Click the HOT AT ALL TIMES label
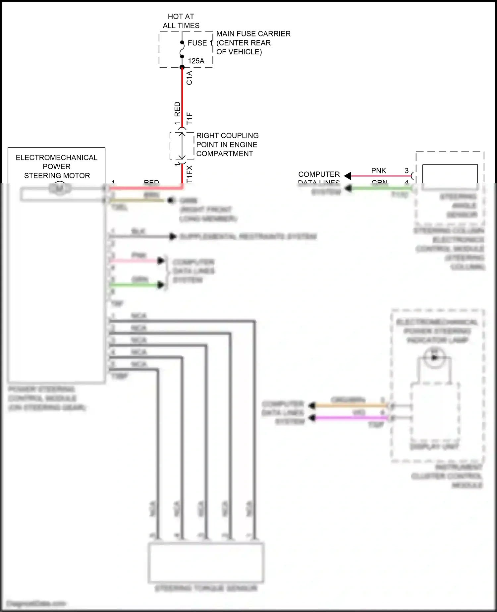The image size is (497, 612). [181, 21]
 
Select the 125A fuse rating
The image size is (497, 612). [196, 61]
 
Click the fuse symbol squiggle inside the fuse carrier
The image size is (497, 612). [182, 49]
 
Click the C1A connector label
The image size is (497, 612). [189, 78]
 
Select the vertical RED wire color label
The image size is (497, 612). [177, 109]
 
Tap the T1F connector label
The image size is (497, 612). [189, 118]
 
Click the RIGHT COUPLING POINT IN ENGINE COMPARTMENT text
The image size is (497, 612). [227, 145]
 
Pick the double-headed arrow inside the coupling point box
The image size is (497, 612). [182, 146]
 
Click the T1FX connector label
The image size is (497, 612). [189, 174]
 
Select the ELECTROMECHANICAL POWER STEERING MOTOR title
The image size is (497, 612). [57, 166]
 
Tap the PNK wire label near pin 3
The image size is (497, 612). [378, 170]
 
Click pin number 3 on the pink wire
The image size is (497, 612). [407, 170]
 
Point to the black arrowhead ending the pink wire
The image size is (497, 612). [348, 176]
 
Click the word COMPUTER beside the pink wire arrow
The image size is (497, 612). [319, 174]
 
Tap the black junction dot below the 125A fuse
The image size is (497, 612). [182, 67]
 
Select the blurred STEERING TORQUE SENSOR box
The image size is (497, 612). [206, 562]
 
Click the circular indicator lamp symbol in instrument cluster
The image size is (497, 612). [434, 357]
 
